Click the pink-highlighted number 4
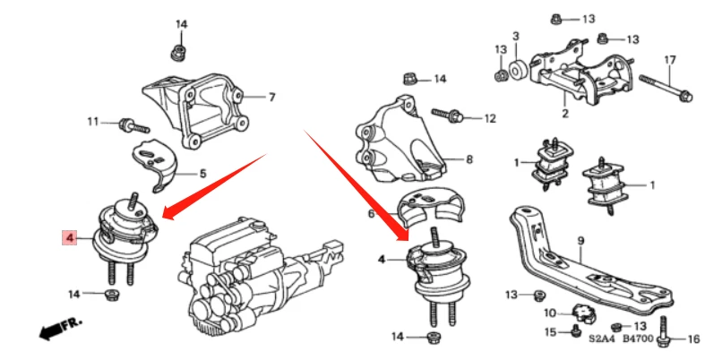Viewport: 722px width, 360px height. point(68,237)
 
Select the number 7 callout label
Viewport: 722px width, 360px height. point(272,97)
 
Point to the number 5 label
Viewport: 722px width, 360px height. point(202,173)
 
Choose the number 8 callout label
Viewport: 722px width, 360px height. point(468,159)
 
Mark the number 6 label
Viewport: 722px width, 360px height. point(370,214)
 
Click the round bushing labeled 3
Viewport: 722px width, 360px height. point(518,70)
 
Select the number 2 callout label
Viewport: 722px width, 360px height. point(564,114)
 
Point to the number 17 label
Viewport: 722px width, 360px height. point(668,60)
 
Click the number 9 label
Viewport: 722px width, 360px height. point(580,240)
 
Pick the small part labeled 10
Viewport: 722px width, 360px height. point(583,314)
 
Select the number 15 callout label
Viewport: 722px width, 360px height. point(553,333)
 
